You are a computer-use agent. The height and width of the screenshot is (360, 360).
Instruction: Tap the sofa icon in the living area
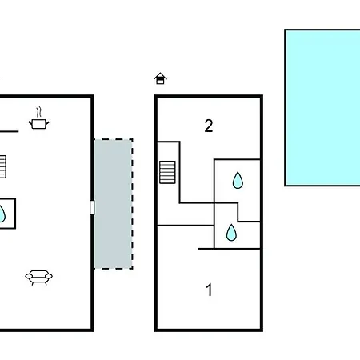[39, 278]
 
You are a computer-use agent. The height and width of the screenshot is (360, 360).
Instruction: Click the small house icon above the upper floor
[160, 78]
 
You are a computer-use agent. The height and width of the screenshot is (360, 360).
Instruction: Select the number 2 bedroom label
[209, 126]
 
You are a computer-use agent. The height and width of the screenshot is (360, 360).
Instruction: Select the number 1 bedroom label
[210, 290]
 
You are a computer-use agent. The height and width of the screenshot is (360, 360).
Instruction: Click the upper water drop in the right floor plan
[238, 181]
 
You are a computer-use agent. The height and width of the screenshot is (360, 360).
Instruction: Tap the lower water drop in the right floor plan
[231, 233]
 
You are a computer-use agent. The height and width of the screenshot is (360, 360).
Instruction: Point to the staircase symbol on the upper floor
[167, 172]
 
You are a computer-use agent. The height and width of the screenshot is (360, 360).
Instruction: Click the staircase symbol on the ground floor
[2, 167]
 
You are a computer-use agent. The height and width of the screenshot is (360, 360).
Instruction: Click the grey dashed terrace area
[114, 204]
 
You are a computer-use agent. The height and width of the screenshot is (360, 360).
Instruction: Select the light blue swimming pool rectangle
[322, 107]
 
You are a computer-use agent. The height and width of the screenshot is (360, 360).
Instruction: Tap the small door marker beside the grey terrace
[92, 207]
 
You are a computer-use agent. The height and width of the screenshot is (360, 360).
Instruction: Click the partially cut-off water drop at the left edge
[2, 214]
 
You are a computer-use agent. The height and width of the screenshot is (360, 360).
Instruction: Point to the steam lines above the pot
[39, 113]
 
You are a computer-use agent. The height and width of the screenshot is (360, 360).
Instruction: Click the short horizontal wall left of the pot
[9, 131]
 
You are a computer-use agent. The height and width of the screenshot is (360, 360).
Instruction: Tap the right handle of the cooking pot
[47, 123]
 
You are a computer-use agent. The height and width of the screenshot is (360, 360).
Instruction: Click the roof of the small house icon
[160, 75]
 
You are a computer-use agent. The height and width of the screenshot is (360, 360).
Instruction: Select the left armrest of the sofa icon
[28, 277]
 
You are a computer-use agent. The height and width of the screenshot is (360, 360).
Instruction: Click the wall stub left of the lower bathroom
[206, 249]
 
